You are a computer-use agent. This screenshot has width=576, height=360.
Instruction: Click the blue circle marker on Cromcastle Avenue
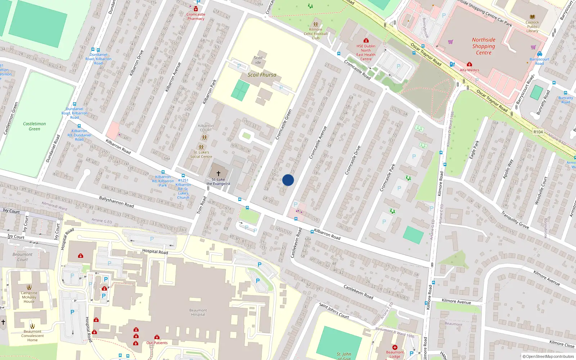click(x=288, y=180)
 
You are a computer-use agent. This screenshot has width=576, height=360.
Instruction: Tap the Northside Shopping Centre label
click(x=483, y=46)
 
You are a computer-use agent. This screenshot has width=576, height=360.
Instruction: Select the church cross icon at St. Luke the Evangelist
click(x=218, y=174)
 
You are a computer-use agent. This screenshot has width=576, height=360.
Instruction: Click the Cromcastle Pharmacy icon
click(x=196, y=9)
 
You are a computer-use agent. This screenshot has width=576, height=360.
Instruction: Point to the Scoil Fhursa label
click(x=262, y=75)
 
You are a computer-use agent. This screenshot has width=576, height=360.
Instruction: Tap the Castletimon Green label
click(x=34, y=126)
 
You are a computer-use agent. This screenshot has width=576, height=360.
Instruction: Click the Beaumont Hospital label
click(x=198, y=312)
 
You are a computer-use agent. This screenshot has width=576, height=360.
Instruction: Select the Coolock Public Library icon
click(x=532, y=17)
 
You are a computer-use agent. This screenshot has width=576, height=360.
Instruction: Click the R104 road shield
click(x=538, y=132)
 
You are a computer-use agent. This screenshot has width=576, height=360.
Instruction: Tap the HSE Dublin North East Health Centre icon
click(x=366, y=40)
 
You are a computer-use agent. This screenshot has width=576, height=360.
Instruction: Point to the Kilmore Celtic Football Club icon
click(x=315, y=24)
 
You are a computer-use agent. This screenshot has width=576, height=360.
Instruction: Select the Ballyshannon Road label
click(x=116, y=202)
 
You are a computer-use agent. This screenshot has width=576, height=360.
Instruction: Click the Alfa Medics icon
click(x=469, y=64)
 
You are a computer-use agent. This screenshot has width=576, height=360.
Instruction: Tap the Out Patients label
click(x=157, y=343)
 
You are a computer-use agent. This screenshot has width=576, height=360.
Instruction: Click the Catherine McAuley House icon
click(x=29, y=287)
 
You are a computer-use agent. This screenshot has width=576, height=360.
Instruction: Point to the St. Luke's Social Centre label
click(x=201, y=154)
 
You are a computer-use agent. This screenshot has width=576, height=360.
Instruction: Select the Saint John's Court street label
click(x=334, y=310)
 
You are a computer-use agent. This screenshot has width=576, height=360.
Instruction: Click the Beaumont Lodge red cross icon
click(x=395, y=347)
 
